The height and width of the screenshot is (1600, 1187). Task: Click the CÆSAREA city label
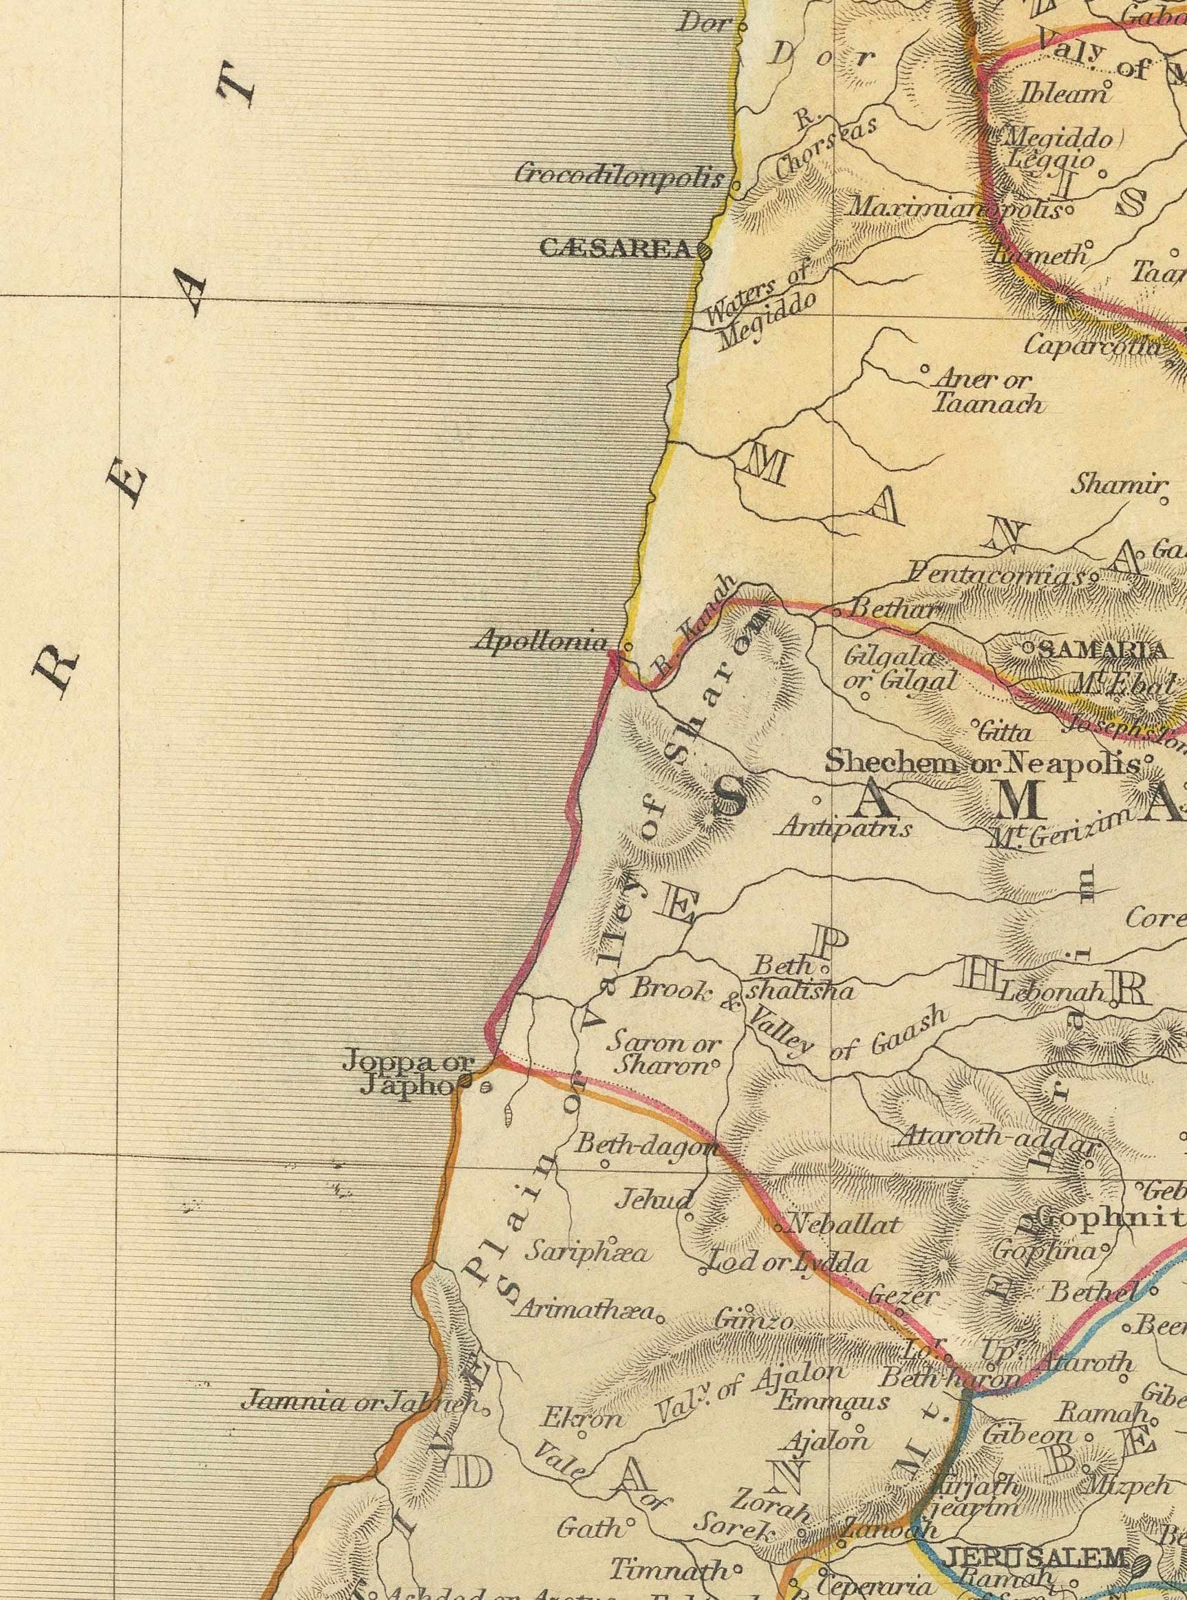click(614, 249)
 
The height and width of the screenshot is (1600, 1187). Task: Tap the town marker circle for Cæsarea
click(703, 251)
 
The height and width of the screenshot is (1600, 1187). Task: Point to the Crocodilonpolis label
click(619, 175)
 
